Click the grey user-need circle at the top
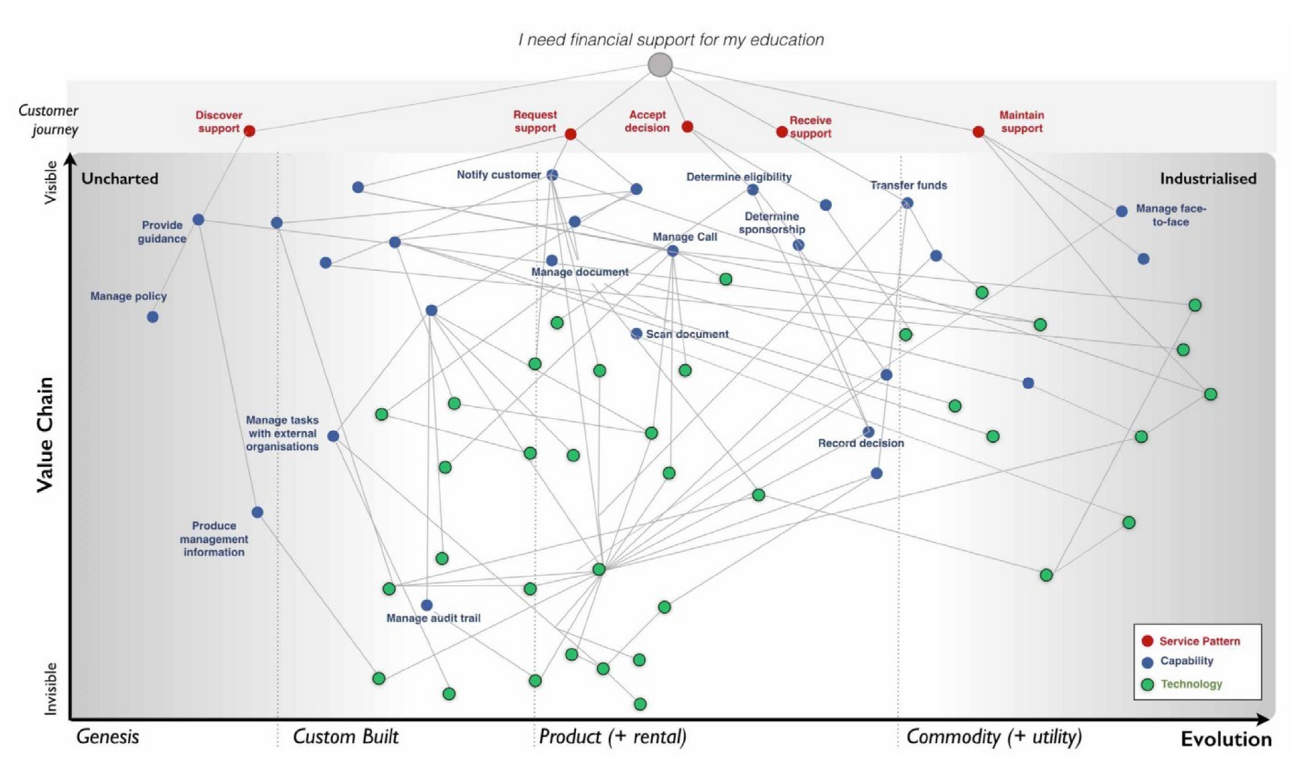(x=660, y=65)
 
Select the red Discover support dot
(x=249, y=131)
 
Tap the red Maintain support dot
(x=978, y=131)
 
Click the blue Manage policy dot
(x=152, y=317)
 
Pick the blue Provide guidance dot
(x=199, y=219)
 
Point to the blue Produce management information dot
(x=257, y=512)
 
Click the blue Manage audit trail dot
(x=426, y=605)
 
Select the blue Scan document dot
(x=636, y=334)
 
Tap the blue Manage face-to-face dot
(x=1121, y=211)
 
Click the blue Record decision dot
(x=868, y=432)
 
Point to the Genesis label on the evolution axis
(x=108, y=737)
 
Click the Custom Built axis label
(x=345, y=737)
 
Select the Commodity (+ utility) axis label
(x=993, y=737)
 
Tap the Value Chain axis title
(x=44, y=434)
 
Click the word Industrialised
(x=1207, y=178)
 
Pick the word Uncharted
(x=119, y=178)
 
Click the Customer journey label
(x=48, y=119)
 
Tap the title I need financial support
(x=671, y=40)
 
